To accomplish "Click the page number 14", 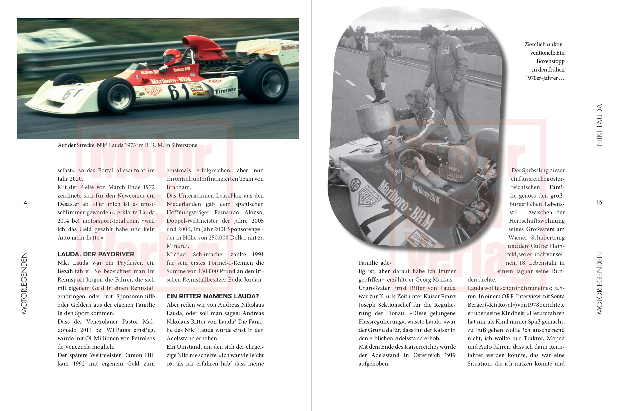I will tap(24, 202).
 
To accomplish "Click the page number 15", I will tap(599, 202).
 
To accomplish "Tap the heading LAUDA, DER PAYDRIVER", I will tap(96, 254).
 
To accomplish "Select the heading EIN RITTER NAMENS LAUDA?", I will tap(212, 296).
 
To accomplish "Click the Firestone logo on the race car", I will tap(225, 91).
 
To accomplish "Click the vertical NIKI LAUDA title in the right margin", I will tap(599, 125).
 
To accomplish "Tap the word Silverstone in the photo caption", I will tap(184, 145).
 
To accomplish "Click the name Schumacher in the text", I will tap(208, 255).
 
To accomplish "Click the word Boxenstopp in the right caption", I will tap(550, 61).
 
